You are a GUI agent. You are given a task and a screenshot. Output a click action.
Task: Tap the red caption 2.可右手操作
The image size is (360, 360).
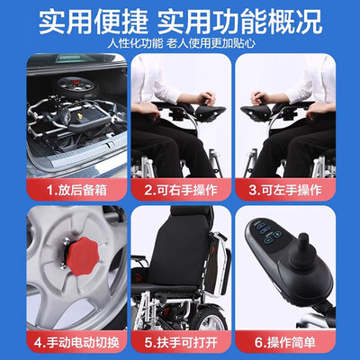coord(180,191)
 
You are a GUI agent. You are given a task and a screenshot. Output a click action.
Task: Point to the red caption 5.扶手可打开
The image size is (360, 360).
coord(180,344)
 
